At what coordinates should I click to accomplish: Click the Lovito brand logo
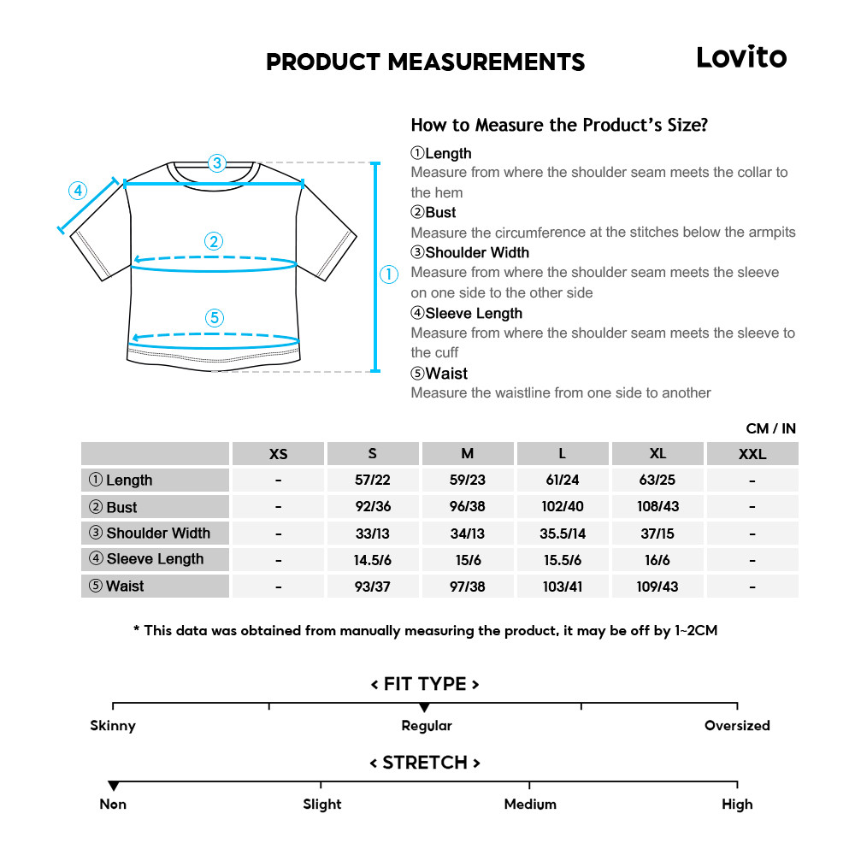tap(740, 57)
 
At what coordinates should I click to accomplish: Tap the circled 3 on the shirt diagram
tap(217, 162)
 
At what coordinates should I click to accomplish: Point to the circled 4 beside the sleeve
tap(78, 190)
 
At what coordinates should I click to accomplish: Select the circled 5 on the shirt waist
tap(215, 318)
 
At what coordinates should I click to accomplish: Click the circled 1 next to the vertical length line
tap(389, 274)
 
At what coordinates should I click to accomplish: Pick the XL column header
tap(657, 454)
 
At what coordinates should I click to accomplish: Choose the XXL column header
tap(752, 454)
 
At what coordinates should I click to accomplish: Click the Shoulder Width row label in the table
tap(156, 534)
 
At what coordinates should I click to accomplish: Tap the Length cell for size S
tap(372, 481)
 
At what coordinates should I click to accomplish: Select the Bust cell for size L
tap(562, 507)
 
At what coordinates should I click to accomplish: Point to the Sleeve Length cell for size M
tap(467, 560)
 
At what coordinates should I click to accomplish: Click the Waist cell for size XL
tap(657, 587)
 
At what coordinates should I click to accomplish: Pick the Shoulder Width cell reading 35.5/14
tap(562, 534)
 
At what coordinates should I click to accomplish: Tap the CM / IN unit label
tap(770, 428)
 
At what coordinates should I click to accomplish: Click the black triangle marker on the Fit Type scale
tap(424, 708)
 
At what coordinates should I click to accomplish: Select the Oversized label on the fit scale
tap(737, 726)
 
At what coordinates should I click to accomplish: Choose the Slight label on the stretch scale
tap(321, 805)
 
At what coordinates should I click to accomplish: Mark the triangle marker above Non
tap(113, 786)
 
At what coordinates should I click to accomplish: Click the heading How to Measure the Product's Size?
tap(559, 125)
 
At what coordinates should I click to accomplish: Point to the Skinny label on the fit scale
tap(113, 726)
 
